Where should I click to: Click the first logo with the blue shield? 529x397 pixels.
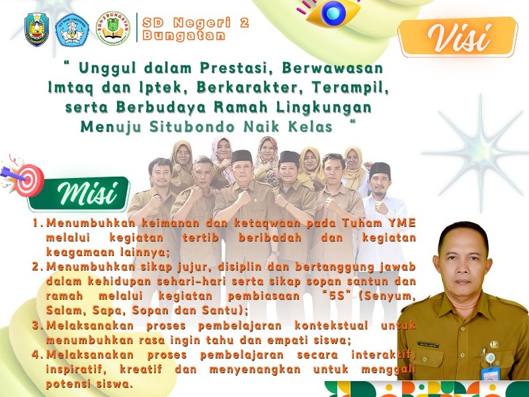(36, 30)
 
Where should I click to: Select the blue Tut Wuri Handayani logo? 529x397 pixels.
(73, 30)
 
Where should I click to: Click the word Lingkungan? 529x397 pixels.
(323, 106)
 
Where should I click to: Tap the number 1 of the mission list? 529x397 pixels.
(36, 223)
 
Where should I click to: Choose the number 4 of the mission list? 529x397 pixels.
(36, 354)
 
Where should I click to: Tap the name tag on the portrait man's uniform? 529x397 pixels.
(427, 345)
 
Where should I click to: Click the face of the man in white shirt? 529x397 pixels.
(379, 179)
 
